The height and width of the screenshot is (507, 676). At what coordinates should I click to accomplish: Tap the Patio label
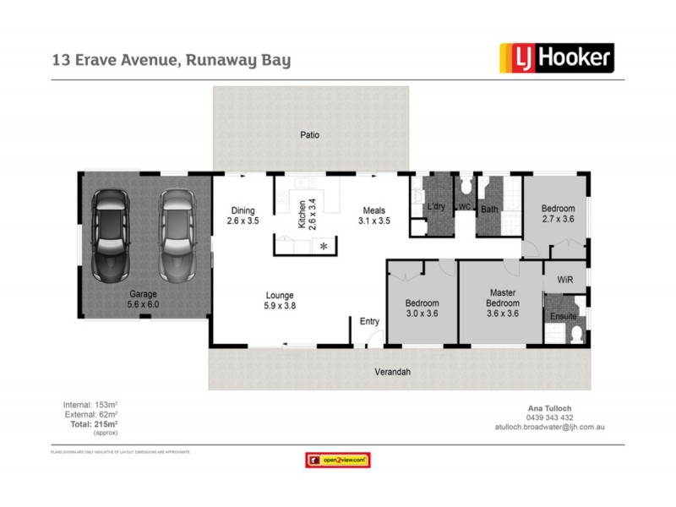pos(310,134)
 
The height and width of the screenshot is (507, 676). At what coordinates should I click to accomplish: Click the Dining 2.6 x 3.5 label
pos(243,215)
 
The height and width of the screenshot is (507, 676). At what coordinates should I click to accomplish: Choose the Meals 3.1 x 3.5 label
pos(373,215)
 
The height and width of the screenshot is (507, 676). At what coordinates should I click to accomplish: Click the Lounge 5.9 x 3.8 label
pos(280,301)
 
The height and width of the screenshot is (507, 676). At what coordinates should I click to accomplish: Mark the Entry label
pos(369,321)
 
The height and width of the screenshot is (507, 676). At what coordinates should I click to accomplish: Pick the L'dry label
pos(436,207)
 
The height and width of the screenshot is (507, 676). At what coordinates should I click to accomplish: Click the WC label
pos(464,207)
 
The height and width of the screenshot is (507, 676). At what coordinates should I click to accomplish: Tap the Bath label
pos(489,208)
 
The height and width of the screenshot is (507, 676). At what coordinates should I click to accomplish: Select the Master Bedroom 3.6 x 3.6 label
pos(502,303)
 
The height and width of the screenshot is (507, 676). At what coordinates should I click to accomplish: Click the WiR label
pos(564,279)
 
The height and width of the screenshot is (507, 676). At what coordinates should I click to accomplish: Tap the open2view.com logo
pos(337,461)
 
